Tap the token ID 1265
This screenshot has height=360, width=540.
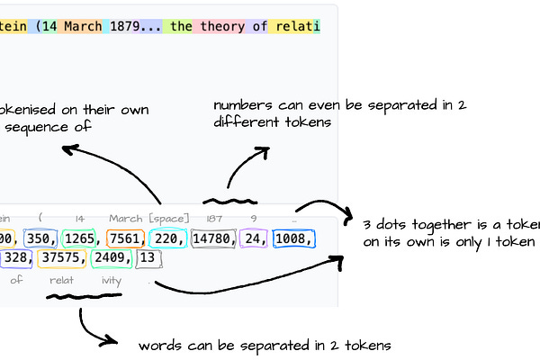coord(81,238)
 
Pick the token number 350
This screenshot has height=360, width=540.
coord(40,238)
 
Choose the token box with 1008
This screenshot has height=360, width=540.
coord(293,238)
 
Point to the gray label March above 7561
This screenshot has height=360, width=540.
coord(125,219)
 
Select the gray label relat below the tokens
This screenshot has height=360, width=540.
coord(61,280)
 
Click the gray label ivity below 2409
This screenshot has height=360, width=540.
coord(111,280)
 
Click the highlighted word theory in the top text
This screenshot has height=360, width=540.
coord(222,26)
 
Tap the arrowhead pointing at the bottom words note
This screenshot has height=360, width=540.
coord(113,340)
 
